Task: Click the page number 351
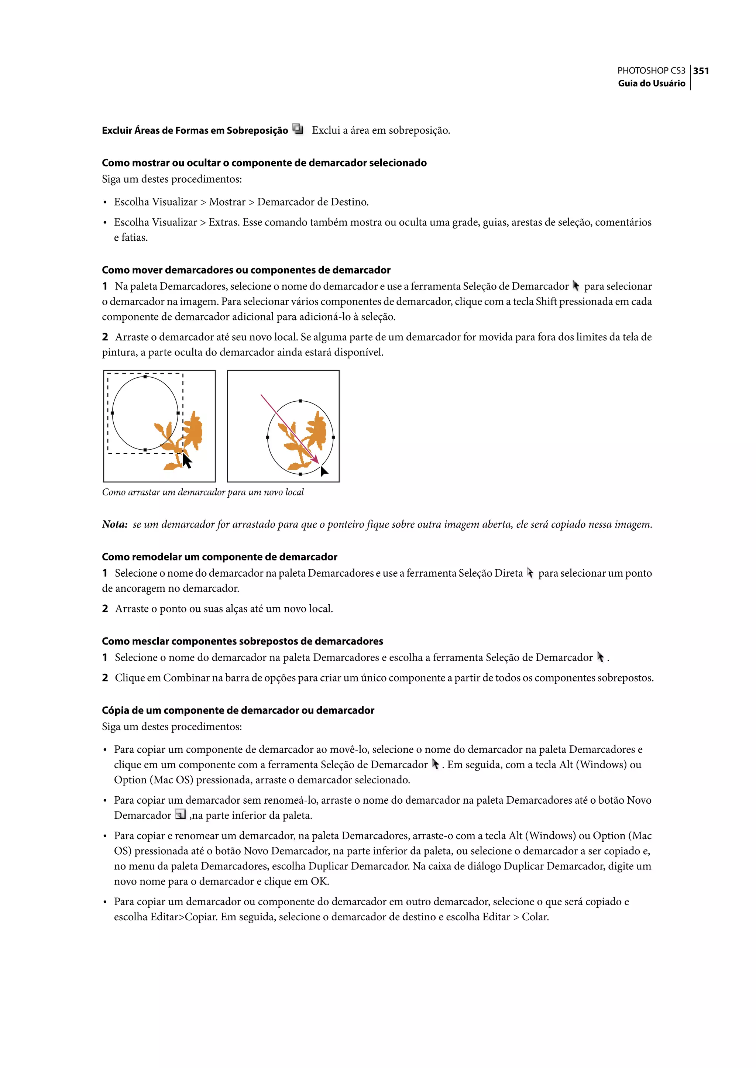click(701, 71)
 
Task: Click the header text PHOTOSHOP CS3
click(651, 71)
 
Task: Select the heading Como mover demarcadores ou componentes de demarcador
click(246, 270)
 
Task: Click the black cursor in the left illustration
click(187, 461)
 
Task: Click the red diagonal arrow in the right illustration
click(289, 429)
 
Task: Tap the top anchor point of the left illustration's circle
click(145, 377)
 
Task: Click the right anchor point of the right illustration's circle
click(333, 437)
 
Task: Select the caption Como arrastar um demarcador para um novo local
click(203, 492)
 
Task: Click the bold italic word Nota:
click(114, 524)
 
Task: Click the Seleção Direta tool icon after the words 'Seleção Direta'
click(530, 573)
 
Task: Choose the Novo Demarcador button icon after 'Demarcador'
click(181, 814)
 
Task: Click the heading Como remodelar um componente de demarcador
click(219, 557)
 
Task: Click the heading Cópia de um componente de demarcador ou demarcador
click(238, 710)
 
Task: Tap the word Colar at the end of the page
click(535, 917)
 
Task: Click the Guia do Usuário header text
click(651, 83)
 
